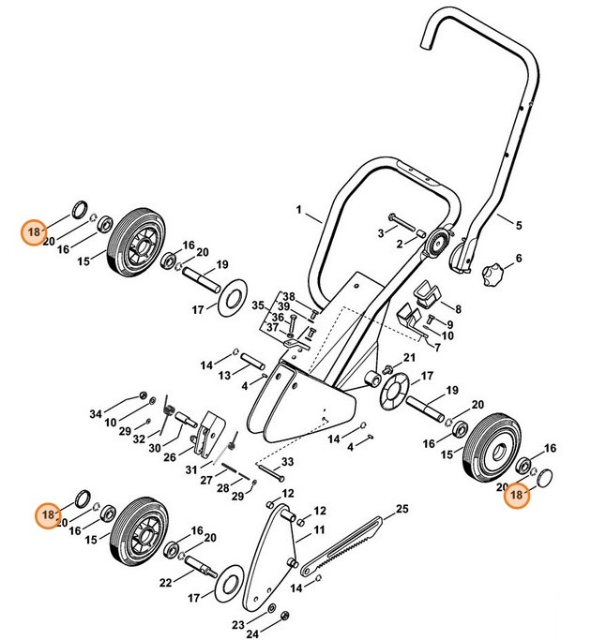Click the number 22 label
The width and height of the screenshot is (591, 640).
(164, 583)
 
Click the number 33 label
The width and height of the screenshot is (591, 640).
(287, 462)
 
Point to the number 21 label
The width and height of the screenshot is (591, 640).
(408, 358)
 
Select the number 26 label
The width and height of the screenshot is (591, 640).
(170, 458)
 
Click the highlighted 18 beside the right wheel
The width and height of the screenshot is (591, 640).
(515, 499)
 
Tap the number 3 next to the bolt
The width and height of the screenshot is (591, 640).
(380, 231)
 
